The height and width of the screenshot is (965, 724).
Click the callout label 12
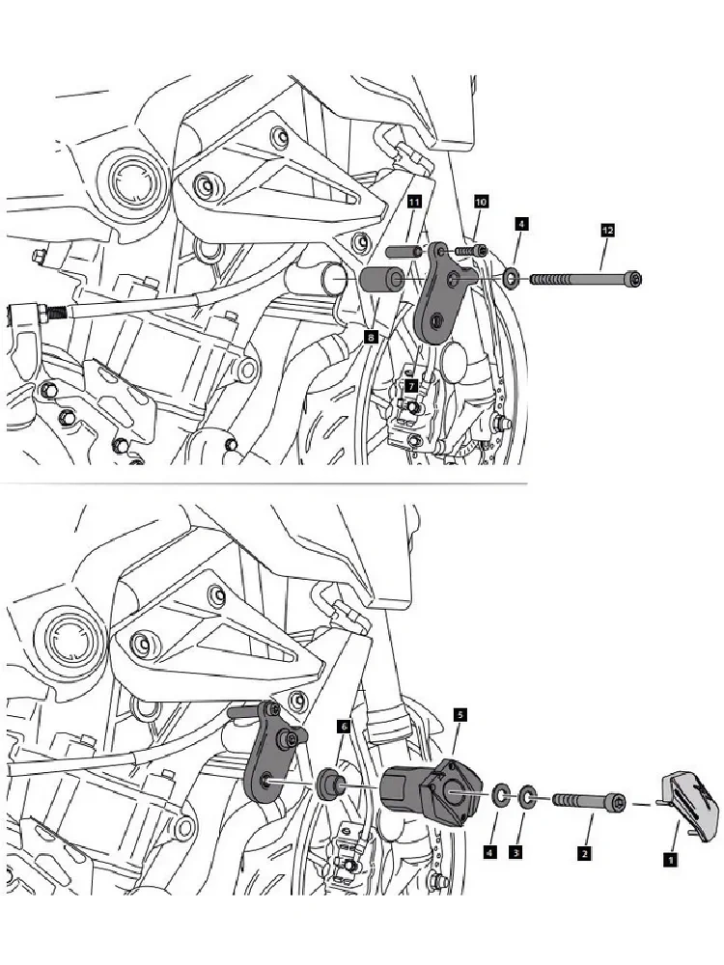coord(607,231)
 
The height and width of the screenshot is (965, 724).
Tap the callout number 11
coord(413,202)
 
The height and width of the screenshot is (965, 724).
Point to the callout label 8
coord(370,336)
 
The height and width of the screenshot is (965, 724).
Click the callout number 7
coord(411,385)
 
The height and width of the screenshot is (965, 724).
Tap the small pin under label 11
coord(404,251)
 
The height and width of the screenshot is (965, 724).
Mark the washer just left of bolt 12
coord(509,280)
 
